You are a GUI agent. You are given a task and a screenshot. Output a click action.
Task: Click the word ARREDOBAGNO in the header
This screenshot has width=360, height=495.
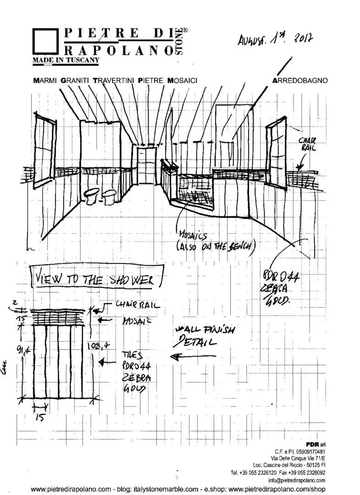pyautogui.click(x=299, y=80)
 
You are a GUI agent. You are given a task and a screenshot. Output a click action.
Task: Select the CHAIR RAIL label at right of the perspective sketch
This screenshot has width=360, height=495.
pyautogui.click(x=308, y=144)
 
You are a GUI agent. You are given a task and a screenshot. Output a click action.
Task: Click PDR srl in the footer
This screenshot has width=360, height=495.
pyautogui.click(x=315, y=445)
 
